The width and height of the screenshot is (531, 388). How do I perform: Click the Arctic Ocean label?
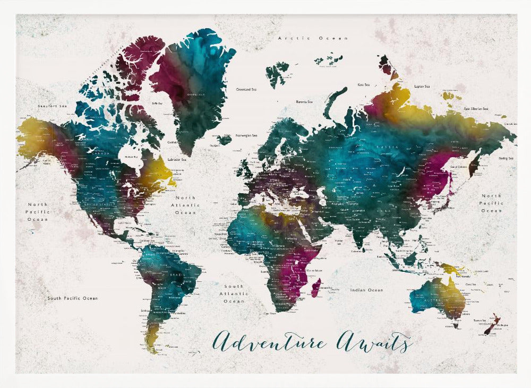click(313, 38)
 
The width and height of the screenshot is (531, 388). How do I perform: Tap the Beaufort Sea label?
click(53, 106)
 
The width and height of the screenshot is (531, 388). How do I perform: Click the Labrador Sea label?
click(177, 159)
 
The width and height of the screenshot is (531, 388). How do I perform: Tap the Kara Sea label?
click(364, 84)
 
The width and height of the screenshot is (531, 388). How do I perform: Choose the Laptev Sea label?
click(422, 85)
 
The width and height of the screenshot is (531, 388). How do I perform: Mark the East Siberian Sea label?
click(476, 109)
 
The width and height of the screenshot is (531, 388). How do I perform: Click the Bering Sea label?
click(506, 158)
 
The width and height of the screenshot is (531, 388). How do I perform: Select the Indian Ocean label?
click(366, 290)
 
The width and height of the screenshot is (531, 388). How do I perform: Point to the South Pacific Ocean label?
click(72, 298)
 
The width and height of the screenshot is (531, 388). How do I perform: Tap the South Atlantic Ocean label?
click(234, 294)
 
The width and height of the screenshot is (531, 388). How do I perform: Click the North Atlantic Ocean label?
click(185, 205)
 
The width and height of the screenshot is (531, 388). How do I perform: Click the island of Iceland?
click(224, 140)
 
